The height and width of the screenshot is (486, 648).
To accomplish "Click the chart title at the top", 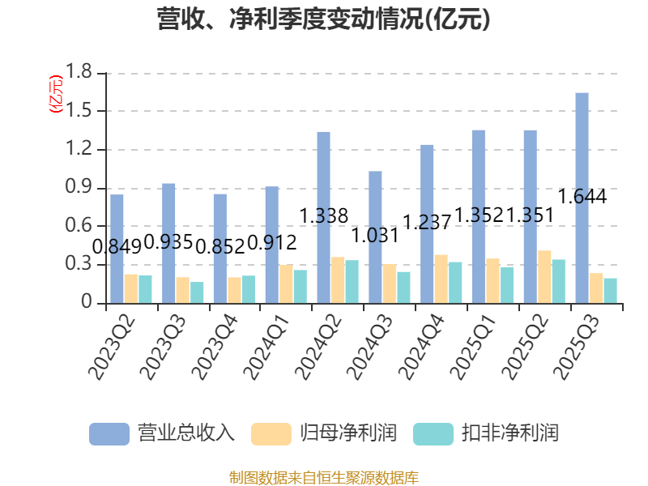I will click(323, 19).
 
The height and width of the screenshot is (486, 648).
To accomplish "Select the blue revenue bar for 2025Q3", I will click(582, 198).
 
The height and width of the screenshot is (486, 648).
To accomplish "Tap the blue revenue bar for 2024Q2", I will click(323, 217).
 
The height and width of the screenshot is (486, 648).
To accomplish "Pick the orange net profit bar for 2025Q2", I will click(544, 277).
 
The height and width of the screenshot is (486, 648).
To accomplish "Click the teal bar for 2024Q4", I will click(455, 283).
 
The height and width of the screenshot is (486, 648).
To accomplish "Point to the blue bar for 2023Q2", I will click(117, 249).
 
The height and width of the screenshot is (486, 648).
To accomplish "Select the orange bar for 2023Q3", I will click(182, 290).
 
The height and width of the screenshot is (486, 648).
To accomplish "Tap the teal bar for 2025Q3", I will click(610, 291).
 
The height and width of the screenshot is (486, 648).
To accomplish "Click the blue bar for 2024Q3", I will click(375, 237).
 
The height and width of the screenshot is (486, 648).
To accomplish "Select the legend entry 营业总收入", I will click(185, 433).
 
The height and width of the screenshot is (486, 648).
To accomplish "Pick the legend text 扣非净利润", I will click(510, 433).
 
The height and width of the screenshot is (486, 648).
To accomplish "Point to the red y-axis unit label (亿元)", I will click(55, 94).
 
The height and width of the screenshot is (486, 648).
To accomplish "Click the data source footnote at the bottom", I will click(323, 477).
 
